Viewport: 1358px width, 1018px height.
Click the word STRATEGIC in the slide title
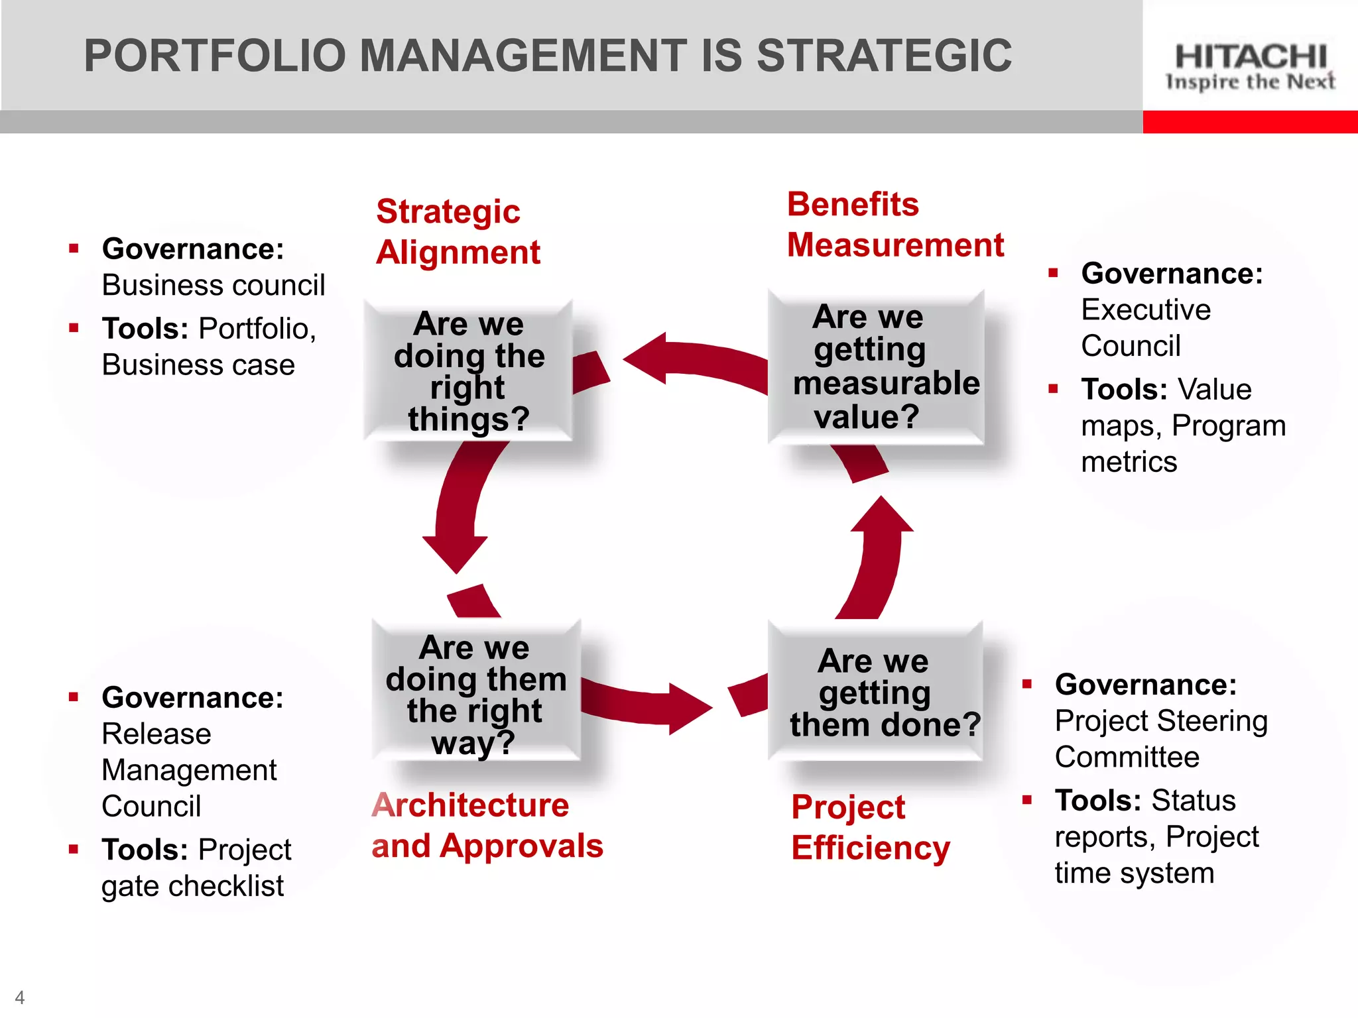[884, 56]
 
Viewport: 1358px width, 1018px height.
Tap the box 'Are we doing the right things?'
[469, 371]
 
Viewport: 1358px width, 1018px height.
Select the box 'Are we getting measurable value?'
[875, 367]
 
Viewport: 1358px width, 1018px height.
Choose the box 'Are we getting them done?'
[875, 693]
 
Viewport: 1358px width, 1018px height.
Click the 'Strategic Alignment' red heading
[458, 232]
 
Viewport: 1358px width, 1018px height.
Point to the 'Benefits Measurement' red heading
[895, 225]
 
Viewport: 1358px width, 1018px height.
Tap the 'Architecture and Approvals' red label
[487, 826]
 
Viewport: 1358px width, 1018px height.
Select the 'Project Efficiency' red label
[870, 827]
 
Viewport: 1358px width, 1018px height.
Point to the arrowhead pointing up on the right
[882, 516]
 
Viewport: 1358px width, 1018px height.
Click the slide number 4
[20, 997]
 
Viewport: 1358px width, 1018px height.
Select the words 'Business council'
[214, 286]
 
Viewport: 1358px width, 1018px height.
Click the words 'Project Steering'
[1161, 721]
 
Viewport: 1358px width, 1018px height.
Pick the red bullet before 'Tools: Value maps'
[1053, 389]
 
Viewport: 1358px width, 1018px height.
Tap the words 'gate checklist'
[192, 886]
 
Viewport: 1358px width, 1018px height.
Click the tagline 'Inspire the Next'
[1251, 82]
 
